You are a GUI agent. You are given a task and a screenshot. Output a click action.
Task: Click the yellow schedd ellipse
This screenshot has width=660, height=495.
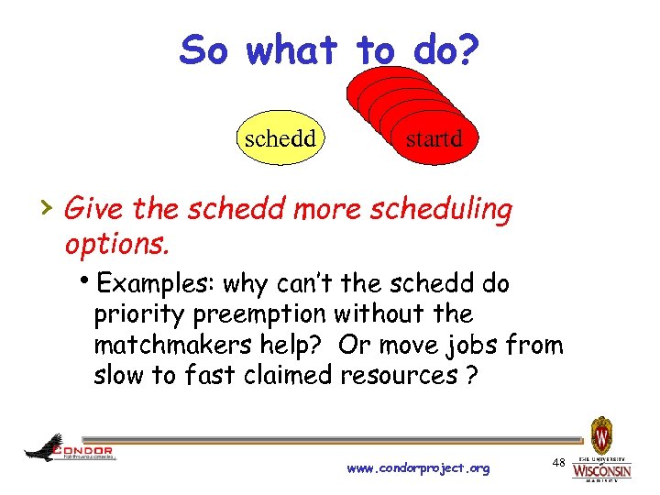coord(280,138)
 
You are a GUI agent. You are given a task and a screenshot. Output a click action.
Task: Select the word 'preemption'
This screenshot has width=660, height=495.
coord(266,313)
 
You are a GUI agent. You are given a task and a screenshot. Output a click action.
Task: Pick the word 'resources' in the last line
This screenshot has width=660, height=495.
coord(402,375)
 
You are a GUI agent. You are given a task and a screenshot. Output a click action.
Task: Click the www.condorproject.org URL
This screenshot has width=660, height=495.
coord(418,468)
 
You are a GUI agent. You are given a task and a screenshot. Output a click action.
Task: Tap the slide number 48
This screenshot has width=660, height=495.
coord(558,464)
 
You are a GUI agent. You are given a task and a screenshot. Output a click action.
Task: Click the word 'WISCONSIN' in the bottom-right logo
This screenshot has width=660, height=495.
coord(601,471)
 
